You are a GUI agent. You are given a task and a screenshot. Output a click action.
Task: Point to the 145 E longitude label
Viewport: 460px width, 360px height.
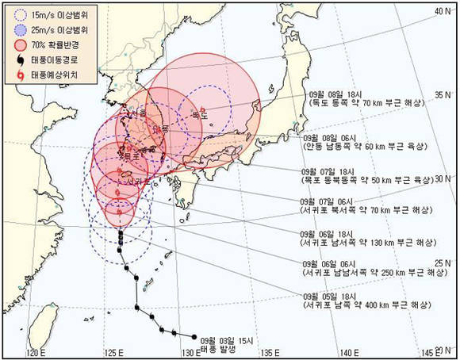[x=433, y=352]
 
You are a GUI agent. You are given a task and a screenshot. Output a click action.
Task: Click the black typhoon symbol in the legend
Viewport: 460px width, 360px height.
[x=21, y=59]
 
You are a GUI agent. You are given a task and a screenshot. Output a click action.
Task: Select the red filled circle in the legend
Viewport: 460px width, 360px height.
[x=21, y=45]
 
